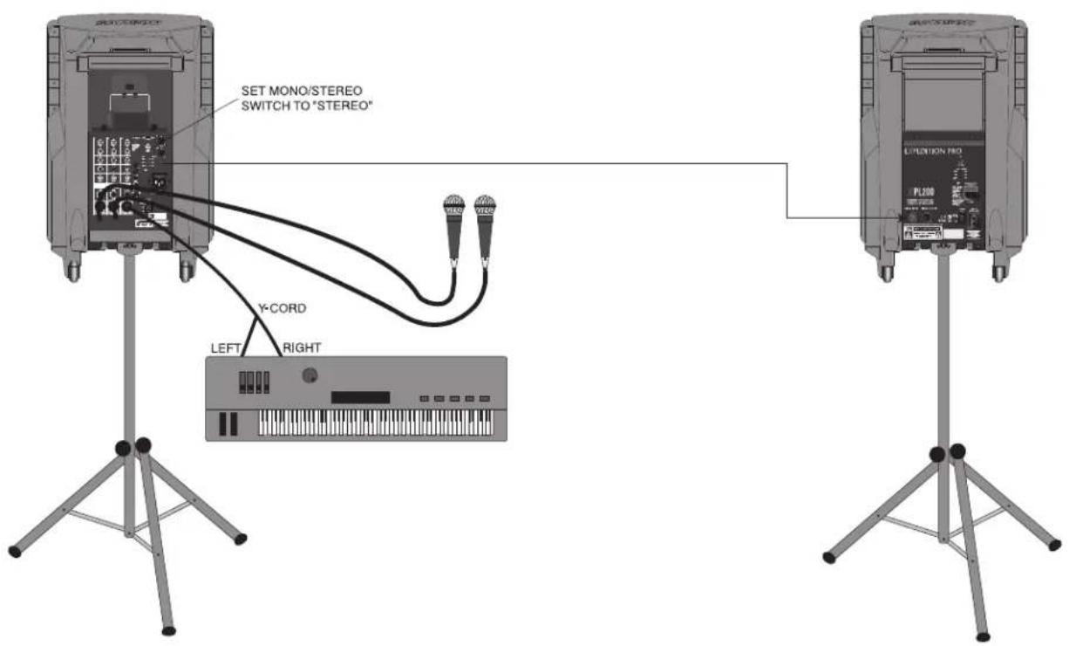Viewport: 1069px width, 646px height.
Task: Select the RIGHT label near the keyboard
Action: [x=302, y=347]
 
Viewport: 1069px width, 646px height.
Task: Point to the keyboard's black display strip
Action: [x=360, y=397]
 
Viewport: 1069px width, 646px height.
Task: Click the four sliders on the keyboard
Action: [x=254, y=381]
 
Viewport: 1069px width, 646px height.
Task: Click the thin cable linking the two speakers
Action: [x=523, y=163]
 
